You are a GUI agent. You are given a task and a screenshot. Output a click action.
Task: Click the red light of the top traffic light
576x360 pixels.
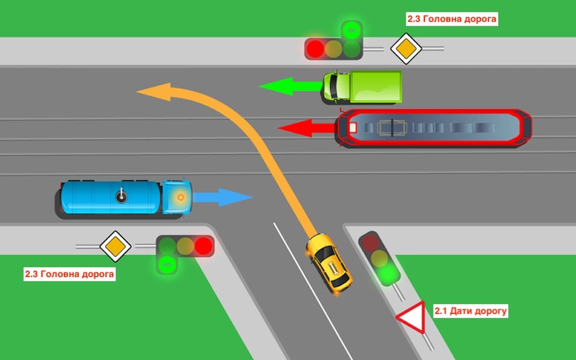click(x=314, y=48)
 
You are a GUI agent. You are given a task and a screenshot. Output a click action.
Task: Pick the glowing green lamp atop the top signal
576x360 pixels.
click(x=351, y=29)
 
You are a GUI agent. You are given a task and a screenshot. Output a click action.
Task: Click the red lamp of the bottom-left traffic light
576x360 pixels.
click(x=203, y=246)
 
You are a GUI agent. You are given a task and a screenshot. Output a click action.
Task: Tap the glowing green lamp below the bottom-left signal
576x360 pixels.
click(x=167, y=265)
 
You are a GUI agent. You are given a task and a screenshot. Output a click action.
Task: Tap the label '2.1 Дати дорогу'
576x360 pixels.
click(x=470, y=311)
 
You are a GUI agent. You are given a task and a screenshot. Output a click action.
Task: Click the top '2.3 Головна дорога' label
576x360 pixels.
click(x=451, y=19)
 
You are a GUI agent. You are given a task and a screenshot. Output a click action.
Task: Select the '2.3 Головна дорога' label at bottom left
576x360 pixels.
click(x=69, y=274)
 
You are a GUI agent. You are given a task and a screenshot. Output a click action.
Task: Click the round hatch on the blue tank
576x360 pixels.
click(x=121, y=197)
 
